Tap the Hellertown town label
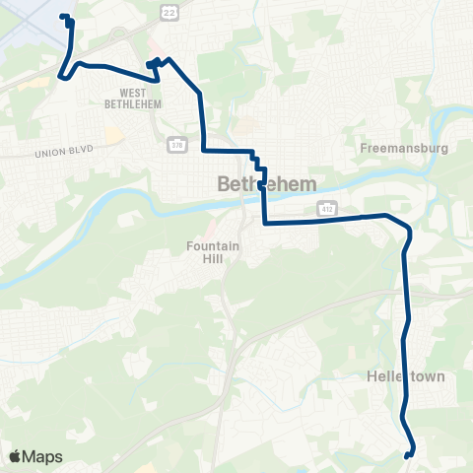click(x=407, y=376)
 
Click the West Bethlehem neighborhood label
click(x=131, y=99)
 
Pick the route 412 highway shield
click(x=325, y=208)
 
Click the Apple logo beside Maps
click(x=14, y=457)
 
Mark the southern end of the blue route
click(x=408, y=454)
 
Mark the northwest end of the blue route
click(x=65, y=17)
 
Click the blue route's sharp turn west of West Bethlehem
click(x=61, y=75)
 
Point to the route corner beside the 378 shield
click(x=204, y=151)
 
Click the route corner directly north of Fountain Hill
click(x=264, y=223)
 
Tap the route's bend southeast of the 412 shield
click(x=407, y=233)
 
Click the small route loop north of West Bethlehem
click(x=153, y=65)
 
